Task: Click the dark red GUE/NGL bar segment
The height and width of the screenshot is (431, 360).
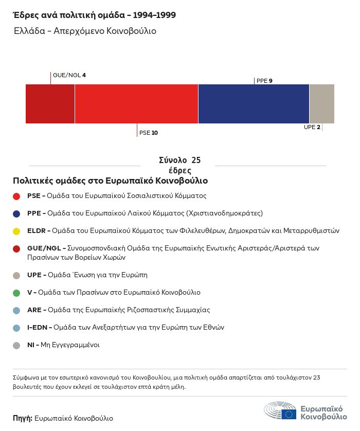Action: pyautogui.click(x=50, y=104)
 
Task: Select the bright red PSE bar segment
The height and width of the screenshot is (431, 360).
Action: pyautogui.click(x=136, y=104)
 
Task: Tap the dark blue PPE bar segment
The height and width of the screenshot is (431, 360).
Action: pyautogui.click(x=254, y=104)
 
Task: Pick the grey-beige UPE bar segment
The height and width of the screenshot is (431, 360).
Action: pyautogui.click(x=321, y=104)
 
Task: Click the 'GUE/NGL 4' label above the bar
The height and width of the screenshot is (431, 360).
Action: pyautogui.click(x=69, y=76)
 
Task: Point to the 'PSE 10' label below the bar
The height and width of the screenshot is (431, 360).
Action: pyautogui.click(x=149, y=133)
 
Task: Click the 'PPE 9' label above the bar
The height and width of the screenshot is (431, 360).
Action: pyautogui.click(x=264, y=81)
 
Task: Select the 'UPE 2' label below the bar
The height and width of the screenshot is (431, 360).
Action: pyautogui.click(x=312, y=127)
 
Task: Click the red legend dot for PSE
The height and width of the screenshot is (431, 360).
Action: pyautogui.click(x=16, y=196)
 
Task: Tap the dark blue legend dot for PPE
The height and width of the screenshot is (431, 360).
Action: pyautogui.click(x=16, y=213)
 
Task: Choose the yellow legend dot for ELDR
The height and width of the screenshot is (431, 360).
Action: pyautogui.click(x=16, y=231)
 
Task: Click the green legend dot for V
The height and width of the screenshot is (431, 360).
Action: pyautogui.click(x=16, y=293)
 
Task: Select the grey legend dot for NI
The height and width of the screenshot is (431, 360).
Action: pyautogui.click(x=16, y=345)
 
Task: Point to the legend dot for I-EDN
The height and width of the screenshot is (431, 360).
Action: pyautogui.click(x=16, y=328)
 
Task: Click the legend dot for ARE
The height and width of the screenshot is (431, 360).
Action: pyautogui.click(x=16, y=310)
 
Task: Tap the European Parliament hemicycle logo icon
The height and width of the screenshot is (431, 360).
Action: pyautogui.click(x=280, y=411)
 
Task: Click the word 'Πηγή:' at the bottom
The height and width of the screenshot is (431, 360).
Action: pyautogui.click(x=23, y=418)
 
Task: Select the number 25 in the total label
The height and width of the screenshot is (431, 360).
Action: pyautogui.click(x=196, y=160)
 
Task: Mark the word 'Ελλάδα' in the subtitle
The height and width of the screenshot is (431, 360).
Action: pyautogui.click(x=29, y=31)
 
